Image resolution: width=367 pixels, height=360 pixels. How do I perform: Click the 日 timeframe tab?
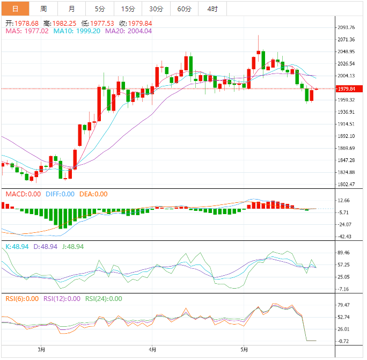pos(15,9)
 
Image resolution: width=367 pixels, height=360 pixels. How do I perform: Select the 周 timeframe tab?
pos(43,9)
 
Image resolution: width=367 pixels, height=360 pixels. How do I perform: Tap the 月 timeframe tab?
pos(72,9)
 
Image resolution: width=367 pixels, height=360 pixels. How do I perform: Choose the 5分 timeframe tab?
pos(100,9)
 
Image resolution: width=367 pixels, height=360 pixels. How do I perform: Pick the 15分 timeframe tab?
pos(128,9)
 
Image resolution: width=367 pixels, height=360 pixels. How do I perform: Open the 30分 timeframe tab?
pos(156,9)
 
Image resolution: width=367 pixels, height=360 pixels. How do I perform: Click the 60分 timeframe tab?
pos(184,9)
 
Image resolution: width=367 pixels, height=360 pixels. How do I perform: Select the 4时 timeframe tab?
pos(212,9)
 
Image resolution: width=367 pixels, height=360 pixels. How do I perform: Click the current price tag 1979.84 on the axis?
pos(343,89)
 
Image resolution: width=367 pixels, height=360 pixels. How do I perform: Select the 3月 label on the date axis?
pos(41,350)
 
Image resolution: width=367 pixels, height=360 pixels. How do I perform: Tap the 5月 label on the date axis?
pos(244,350)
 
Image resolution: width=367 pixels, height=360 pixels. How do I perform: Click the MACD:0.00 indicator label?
pos(23,194)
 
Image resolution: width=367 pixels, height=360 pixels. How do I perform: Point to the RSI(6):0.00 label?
pos(22,299)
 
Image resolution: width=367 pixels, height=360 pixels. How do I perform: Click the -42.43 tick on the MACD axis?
pos(343,237)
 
